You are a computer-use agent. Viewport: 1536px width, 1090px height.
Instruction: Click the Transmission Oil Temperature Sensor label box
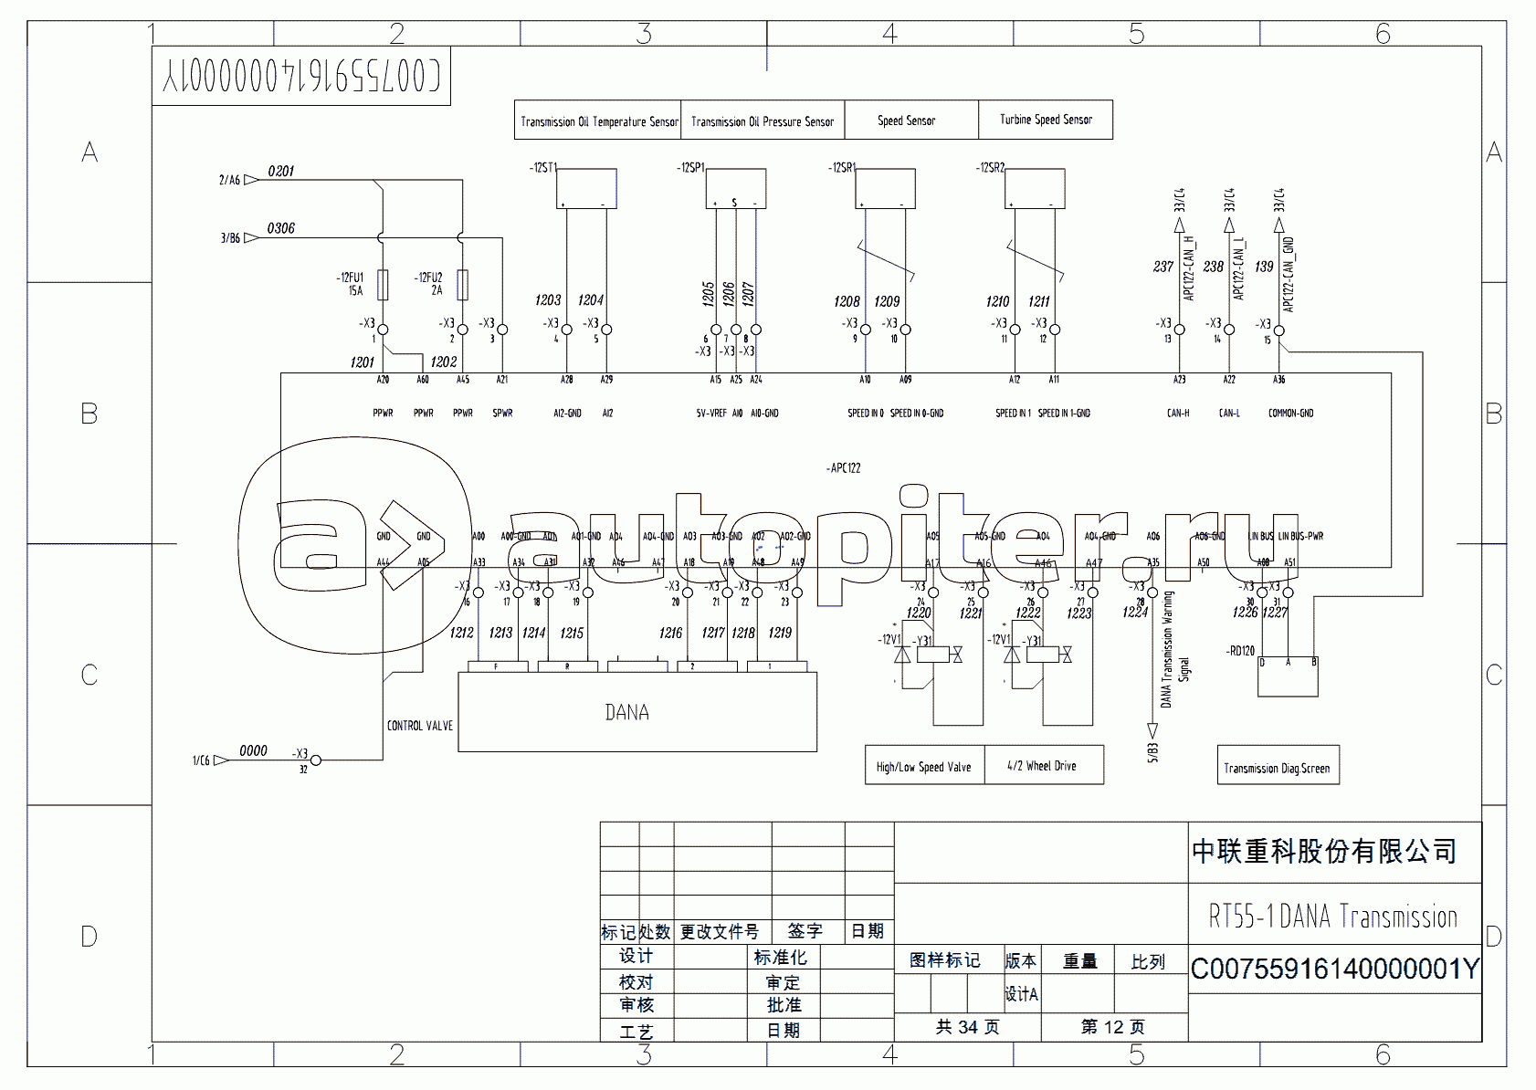point(598,121)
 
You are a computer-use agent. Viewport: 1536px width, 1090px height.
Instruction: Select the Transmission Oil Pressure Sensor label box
point(763,121)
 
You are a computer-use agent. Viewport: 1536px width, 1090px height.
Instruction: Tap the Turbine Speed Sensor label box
point(1046,120)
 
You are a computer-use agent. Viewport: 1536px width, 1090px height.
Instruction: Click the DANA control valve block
point(636,712)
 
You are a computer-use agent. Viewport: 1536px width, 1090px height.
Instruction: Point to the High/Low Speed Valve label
point(924,766)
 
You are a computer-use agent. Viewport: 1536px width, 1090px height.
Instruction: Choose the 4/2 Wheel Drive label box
point(1043,765)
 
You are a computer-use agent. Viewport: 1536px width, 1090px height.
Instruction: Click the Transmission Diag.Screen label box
point(1277,767)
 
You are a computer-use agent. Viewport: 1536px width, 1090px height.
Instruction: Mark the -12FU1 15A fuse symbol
point(383,285)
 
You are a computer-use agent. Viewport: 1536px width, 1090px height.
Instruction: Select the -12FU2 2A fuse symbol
point(463,285)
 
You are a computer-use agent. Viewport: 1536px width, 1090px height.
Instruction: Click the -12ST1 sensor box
point(586,189)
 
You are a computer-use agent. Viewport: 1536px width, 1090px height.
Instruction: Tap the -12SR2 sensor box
point(1035,189)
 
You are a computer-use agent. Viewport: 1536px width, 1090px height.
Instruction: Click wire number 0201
point(281,172)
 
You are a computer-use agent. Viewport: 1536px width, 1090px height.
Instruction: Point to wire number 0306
point(281,228)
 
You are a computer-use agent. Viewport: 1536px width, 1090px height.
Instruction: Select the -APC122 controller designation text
point(844,468)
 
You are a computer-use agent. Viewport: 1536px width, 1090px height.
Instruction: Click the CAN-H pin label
point(1178,414)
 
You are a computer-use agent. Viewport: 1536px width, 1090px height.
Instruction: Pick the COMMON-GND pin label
point(1290,414)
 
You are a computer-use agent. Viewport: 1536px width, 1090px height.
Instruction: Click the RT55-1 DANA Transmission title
point(1333,916)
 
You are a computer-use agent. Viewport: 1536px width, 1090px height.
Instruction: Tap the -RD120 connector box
point(1288,676)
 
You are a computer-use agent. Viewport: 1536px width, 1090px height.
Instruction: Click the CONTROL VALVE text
point(420,726)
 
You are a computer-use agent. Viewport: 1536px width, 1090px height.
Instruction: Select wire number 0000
point(253,751)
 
